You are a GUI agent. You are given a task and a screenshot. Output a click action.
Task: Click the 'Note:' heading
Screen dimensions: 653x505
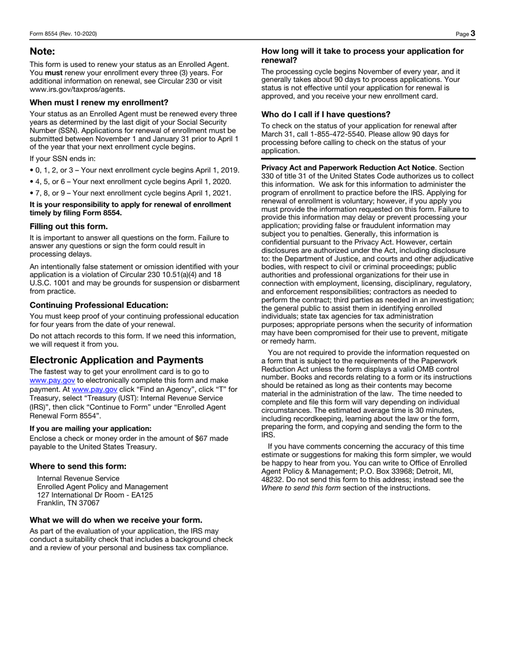pos(42,52)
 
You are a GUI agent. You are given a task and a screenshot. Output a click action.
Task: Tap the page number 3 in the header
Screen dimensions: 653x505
pos(473,33)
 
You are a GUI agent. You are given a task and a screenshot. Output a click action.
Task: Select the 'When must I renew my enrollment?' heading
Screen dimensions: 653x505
pos(99,103)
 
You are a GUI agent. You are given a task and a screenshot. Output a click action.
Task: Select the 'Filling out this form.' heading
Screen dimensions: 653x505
pos(69,226)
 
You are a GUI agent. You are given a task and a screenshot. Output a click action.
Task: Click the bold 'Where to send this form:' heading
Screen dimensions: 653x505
pos(78,466)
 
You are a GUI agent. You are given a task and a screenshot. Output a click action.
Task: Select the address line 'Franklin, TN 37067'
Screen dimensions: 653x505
pos(68,503)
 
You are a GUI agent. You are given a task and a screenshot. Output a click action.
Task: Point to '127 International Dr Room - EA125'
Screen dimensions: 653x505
pos(95,495)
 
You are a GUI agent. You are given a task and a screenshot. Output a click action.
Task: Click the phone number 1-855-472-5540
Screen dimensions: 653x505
pos(335,134)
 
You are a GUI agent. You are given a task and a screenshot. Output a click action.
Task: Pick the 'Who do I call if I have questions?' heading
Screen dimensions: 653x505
pos(326,114)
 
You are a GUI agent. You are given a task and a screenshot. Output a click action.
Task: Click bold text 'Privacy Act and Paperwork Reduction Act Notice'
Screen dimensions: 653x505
pos(348,167)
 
